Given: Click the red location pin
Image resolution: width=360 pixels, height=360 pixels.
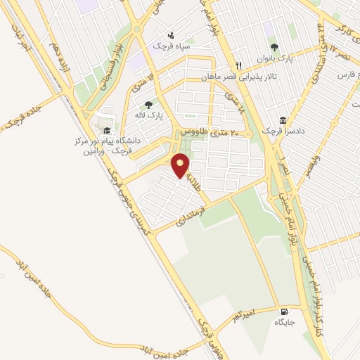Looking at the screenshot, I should tap(181, 165).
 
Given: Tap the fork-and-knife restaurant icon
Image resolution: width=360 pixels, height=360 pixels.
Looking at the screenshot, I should tap(239, 66).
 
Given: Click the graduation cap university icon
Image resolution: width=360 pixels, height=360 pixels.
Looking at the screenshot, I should tap(105, 131).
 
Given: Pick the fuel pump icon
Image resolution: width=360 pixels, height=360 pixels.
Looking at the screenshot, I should tap(283, 311).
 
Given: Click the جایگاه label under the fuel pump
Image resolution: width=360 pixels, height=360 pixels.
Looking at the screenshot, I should tap(283, 323).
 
